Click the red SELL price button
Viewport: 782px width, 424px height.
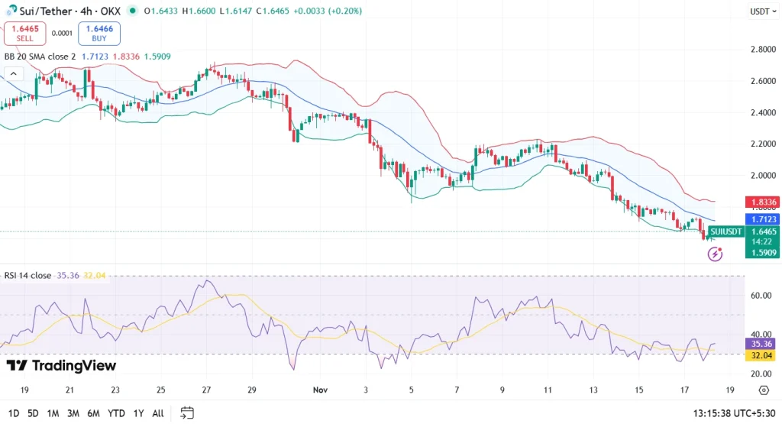[24, 34]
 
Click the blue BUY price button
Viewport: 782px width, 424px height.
[99, 34]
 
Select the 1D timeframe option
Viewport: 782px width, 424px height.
[14, 413]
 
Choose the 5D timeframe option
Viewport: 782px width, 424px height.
[33, 413]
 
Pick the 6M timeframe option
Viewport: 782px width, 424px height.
[92, 413]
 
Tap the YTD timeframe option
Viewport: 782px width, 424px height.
[116, 413]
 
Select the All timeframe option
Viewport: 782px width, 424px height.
[157, 413]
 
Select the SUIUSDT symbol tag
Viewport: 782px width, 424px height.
[725, 231]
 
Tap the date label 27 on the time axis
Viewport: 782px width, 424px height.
[206, 390]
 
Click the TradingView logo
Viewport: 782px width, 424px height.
[61, 366]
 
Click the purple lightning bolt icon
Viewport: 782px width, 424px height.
[715, 254]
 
